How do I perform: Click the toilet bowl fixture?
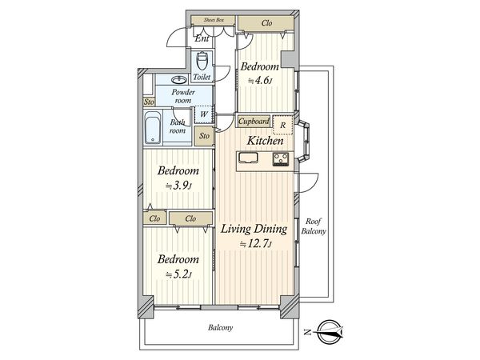click(x=202, y=61)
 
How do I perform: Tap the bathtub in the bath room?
click(x=153, y=127)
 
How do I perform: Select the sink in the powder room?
click(x=179, y=80)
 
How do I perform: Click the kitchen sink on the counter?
click(x=248, y=158)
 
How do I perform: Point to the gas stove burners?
click(x=281, y=159)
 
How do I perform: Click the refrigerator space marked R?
click(x=283, y=125)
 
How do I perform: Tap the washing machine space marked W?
click(x=203, y=114)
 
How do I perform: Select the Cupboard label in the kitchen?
click(x=254, y=122)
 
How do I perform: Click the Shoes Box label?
click(x=214, y=20)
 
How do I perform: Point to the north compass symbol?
click(x=329, y=332)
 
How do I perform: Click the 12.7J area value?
click(x=256, y=244)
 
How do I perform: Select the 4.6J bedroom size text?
click(x=260, y=81)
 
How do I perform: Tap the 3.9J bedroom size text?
click(x=178, y=186)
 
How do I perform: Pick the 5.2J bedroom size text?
click(x=178, y=274)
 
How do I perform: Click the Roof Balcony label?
click(x=314, y=226)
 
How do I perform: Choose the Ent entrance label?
click(x=202, y=38)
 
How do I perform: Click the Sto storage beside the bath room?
click(x=204, y=136)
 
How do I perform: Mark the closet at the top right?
click(x=266, y=23)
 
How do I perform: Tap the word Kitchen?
click(x=265, y=141)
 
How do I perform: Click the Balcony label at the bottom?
click(x=221, y=327)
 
